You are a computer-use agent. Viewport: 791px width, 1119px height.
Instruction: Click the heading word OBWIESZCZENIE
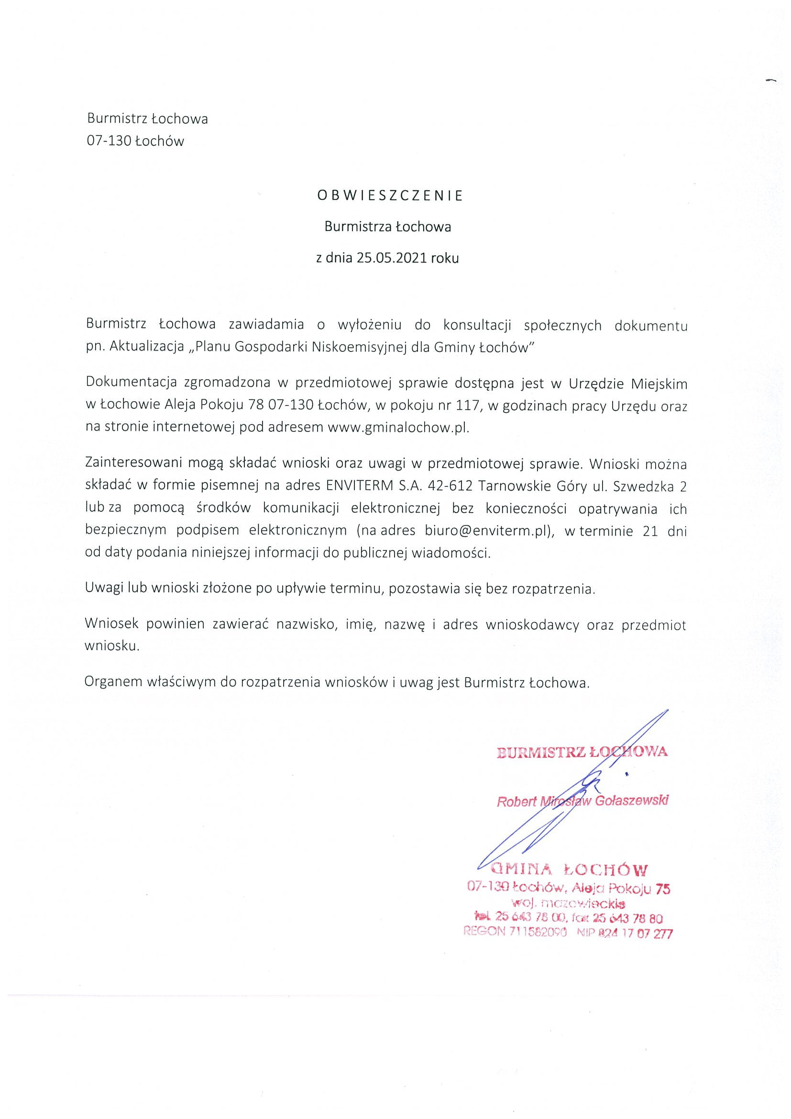click(390, 196)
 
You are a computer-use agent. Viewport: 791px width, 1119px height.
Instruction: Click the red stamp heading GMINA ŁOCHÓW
click(570, 869)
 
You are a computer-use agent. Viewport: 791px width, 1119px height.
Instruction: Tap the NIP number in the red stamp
click(634, 933)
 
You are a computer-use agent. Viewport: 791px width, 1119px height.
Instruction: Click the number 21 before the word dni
click(650, 531)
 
